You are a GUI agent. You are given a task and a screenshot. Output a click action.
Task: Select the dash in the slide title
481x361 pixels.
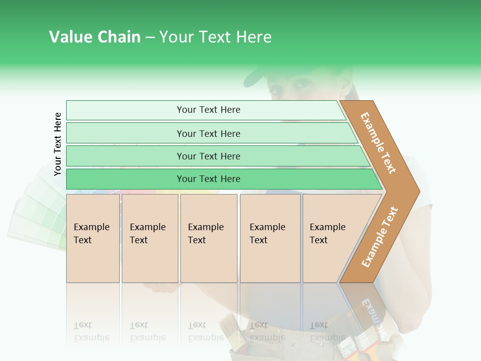click(x=150, y=38)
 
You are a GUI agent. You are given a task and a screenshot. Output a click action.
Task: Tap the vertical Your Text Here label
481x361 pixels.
click(x=58, y=144)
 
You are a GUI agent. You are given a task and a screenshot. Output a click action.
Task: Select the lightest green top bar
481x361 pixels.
click(x=205, y=110)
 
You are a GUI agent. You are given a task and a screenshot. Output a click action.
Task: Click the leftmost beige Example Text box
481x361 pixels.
click(x=93, y=238)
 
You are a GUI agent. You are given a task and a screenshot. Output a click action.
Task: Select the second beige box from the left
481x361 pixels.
click(x=150, y=238)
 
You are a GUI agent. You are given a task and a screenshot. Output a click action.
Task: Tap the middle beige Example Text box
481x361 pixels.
click(x=208, y=238)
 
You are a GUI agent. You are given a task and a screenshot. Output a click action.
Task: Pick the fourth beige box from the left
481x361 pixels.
click(x=270, y=238)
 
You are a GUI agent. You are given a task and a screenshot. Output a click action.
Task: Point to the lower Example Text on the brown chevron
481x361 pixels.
click(x=380, y=237)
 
